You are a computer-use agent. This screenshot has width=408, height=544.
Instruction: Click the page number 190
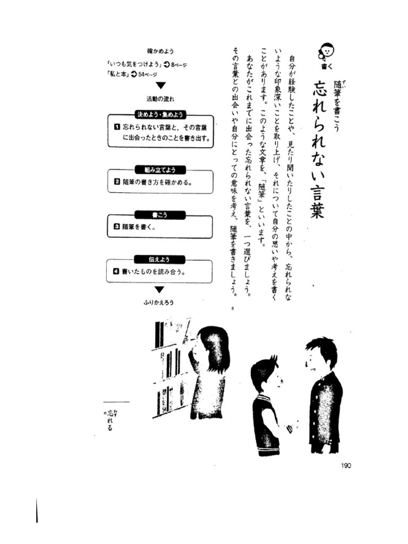(x=346, y=465)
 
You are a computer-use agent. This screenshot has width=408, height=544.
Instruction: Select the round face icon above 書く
(x=327, y=51)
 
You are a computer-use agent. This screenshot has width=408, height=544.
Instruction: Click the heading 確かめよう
(x=160, y=51)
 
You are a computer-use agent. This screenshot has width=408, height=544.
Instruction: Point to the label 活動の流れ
(x=160, y=99)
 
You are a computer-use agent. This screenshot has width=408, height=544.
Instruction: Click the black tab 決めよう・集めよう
(x=160, y=114)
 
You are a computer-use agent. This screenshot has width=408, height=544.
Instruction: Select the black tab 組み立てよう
(x=160, y=169)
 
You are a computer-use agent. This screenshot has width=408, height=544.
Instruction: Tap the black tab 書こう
(x=160, y=215)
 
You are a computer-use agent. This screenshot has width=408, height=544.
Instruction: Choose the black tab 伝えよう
(x=160, y=259)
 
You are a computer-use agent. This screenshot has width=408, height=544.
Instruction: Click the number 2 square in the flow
(x=117, y=182)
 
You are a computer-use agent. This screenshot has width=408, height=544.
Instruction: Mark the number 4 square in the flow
(x=116, y=271)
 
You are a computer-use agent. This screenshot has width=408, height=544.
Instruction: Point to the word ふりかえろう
(x=159, y=302)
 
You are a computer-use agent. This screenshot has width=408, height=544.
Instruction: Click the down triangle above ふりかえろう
(x=159, y=290)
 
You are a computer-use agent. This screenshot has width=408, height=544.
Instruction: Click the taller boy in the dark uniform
(x=324, y=396)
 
